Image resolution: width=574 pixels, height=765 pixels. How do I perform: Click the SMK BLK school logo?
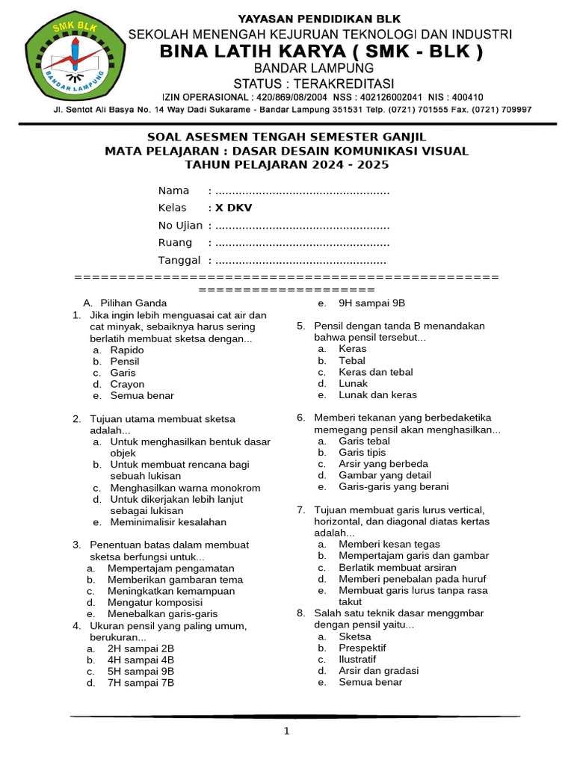click(x=72, y=60)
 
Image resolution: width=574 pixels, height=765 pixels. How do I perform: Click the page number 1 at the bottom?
click(x=286, y=731)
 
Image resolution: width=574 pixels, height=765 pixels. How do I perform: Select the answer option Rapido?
click(x=127, y=350)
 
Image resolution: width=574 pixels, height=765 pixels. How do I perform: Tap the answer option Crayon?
click(x=127, y=384)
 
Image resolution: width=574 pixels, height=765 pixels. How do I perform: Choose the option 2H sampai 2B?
click(x=141, y=648)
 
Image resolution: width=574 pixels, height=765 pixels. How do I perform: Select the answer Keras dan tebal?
click(x=375, y=372)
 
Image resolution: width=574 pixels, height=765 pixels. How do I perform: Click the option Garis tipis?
click(x=362, y=453)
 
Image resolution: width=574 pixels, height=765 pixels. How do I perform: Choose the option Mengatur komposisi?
click(x=155, y=602)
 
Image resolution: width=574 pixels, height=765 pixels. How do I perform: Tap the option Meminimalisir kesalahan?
click(x=168, y=522)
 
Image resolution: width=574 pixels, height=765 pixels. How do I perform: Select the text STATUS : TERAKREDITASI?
click(x=314, y=83)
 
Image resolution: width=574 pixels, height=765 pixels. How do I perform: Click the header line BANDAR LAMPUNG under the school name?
click(x=314, y=68)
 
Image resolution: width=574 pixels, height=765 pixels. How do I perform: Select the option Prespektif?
click(x=362, y=648)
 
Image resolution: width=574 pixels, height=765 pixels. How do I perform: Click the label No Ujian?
click(x=180, y=226)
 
